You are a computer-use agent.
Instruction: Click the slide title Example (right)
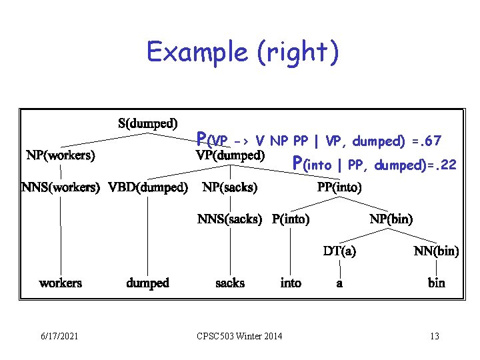pos(243,53)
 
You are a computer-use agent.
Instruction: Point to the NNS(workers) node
pos(61,187)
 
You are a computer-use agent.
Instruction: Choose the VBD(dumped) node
pos(148,187)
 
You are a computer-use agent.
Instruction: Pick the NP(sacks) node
pos(230,187)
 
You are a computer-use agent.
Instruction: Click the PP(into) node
pos(339,187)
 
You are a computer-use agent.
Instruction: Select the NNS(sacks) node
pos(230,219)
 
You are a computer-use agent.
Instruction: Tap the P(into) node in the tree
pos(291,219)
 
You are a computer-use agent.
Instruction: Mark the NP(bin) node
pos(391,219)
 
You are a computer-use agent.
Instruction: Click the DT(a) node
pos(339,251)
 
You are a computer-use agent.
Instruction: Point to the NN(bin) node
pos(437,251)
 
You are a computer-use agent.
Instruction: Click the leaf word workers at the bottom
pos(61,283)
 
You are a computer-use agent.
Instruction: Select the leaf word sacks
pos(230,283)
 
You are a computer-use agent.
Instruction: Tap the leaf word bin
pos(437,283)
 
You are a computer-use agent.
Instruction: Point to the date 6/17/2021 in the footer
pos(59,336)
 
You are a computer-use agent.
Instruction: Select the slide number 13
pos(434,336)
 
